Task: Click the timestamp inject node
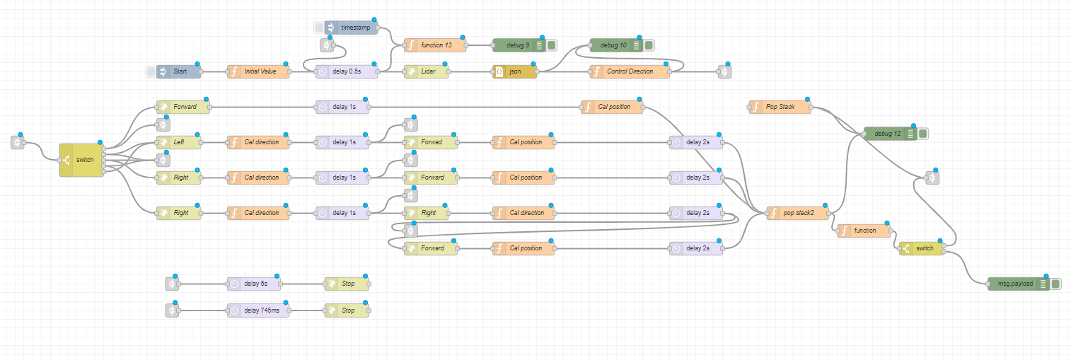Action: tap(352, 28)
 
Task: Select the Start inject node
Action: tap(179, 71)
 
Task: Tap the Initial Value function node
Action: tap(258, 71)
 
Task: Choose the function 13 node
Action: tap(435, 45)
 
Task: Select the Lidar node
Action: tap(426, 71)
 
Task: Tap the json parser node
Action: tap(514, 71)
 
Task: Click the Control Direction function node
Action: tap(630, 71)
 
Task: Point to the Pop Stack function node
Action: tap(780, 107)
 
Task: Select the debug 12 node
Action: tap(888, 134)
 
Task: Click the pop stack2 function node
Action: tap(797, 213)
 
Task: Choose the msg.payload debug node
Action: tap(1016, 284)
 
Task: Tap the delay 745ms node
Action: tap(258, 310)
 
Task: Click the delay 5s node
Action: tap(254, 284)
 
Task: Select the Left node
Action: tap(179, 142)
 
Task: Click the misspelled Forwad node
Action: tap(430, 142)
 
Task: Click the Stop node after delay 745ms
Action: tap(347, 310)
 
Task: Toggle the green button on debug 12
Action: tap(922, 134)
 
